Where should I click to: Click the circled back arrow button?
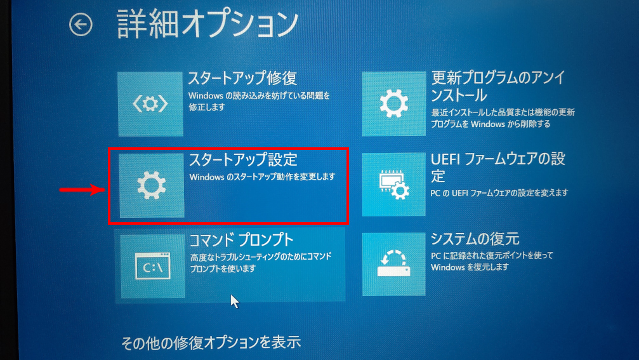coord(81,25)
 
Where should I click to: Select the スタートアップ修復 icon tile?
coord(150,104)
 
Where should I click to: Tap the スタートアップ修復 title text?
coord(242,78)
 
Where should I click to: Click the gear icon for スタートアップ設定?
coord(152,185)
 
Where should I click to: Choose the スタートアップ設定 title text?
coord(243,159)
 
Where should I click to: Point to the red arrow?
coord(82,190)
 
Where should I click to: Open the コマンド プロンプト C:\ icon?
coord(153,266)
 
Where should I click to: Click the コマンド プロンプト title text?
coord(241,240)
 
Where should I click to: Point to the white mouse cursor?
coord(234,302)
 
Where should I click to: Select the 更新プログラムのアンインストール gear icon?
coord(393,103)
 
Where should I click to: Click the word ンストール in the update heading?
coord(459,95)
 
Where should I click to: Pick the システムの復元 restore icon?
coord(393,264)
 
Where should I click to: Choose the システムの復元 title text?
coord(475,239)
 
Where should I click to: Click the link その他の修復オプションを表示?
coord(211,343)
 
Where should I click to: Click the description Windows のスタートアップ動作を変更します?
coord(263,177)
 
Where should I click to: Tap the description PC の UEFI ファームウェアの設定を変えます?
coord(499,193)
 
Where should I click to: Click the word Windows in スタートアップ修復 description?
coord(206,96)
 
